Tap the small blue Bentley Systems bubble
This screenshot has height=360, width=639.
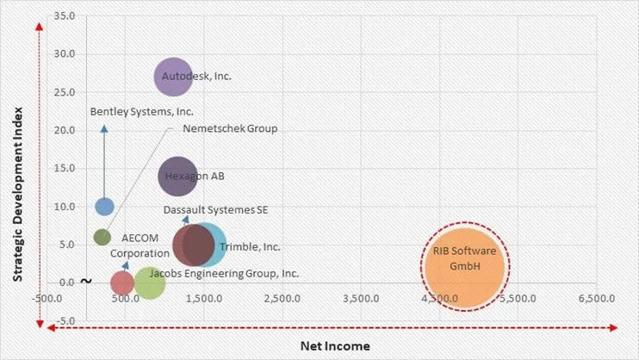point(104,207)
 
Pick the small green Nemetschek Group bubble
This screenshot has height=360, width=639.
point(102,237)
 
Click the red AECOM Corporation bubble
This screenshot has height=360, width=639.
point(122,282)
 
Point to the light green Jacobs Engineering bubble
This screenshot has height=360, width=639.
point(150,282)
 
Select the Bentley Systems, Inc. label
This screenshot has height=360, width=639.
point(142,112)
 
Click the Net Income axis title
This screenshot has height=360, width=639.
point(335,345)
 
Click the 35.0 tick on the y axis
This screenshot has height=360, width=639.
point(64,16)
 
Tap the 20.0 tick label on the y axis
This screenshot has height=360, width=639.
point(64,131)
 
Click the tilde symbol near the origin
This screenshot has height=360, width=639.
point(85,281)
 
